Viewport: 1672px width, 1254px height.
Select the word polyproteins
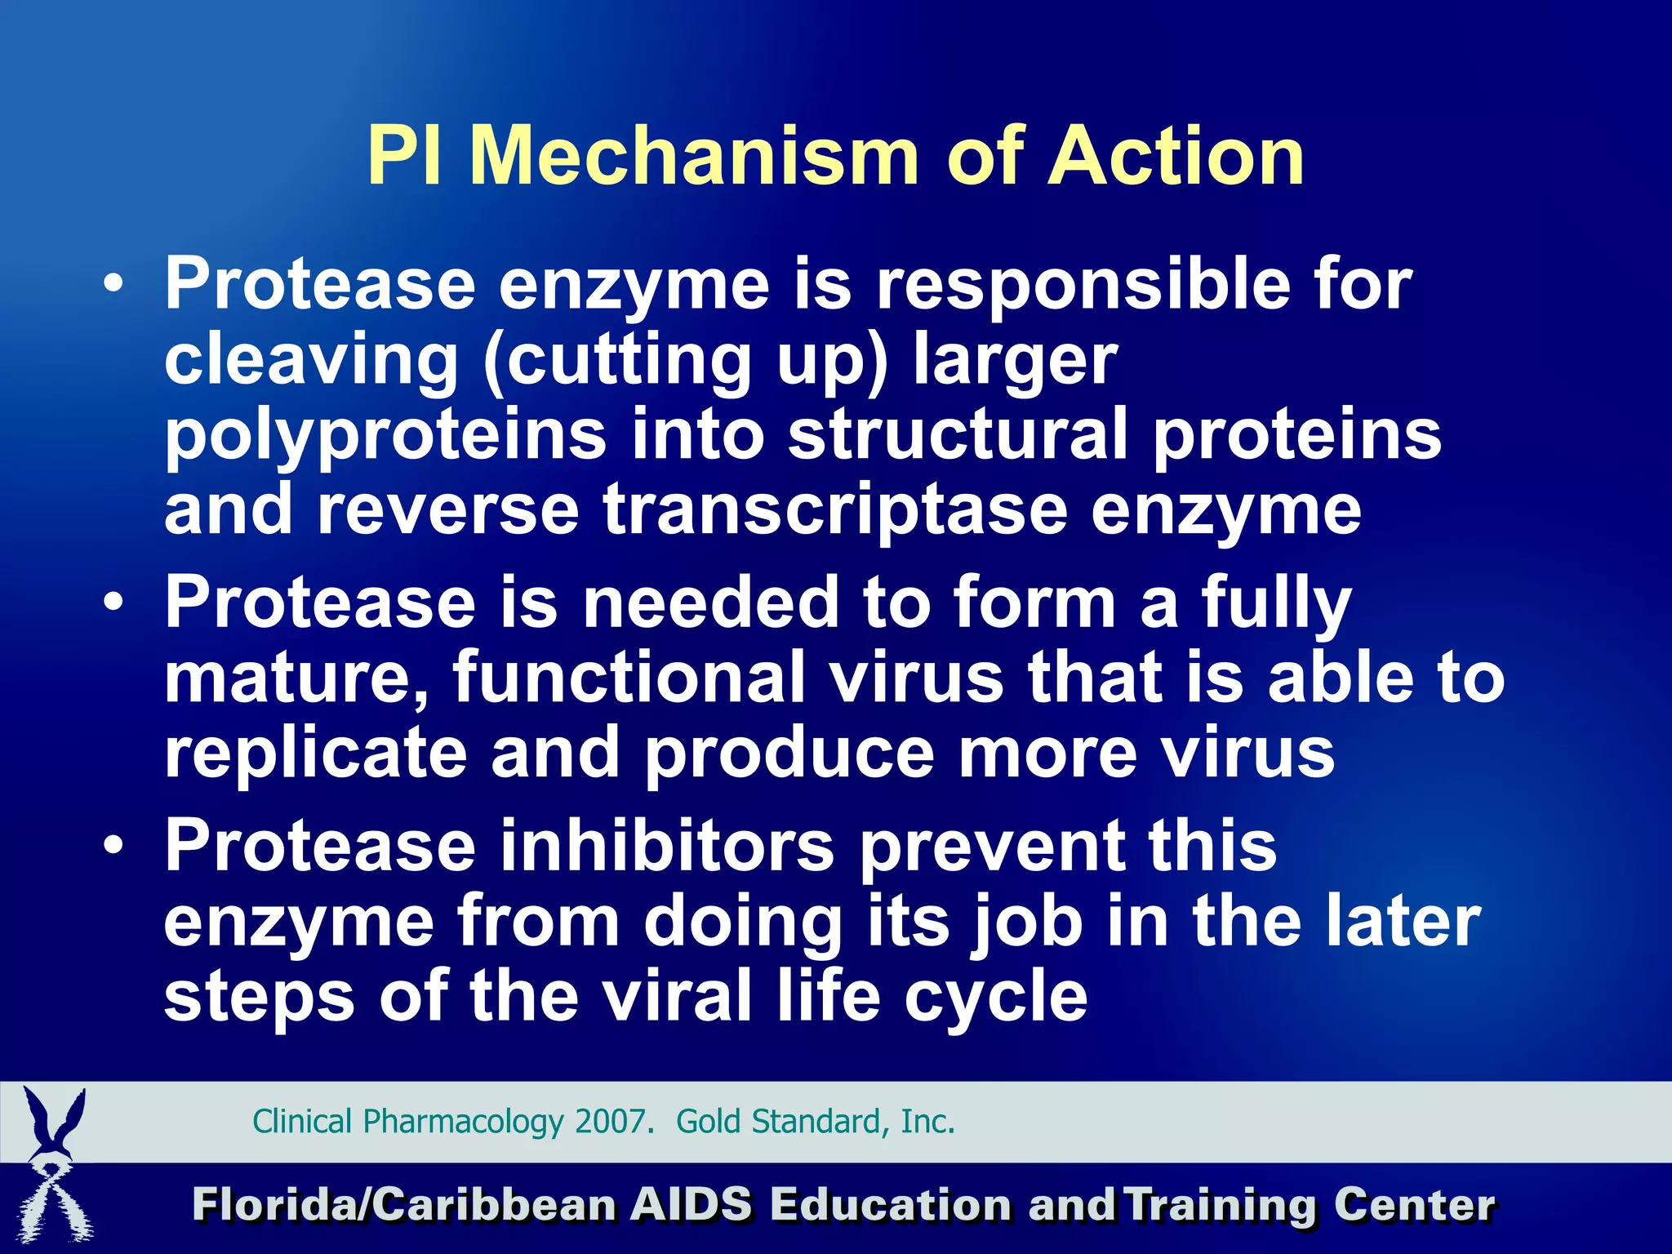coord(385,435)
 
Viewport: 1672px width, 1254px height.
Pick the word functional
coord(629,677)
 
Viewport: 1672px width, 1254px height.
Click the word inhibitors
coord(667,846)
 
